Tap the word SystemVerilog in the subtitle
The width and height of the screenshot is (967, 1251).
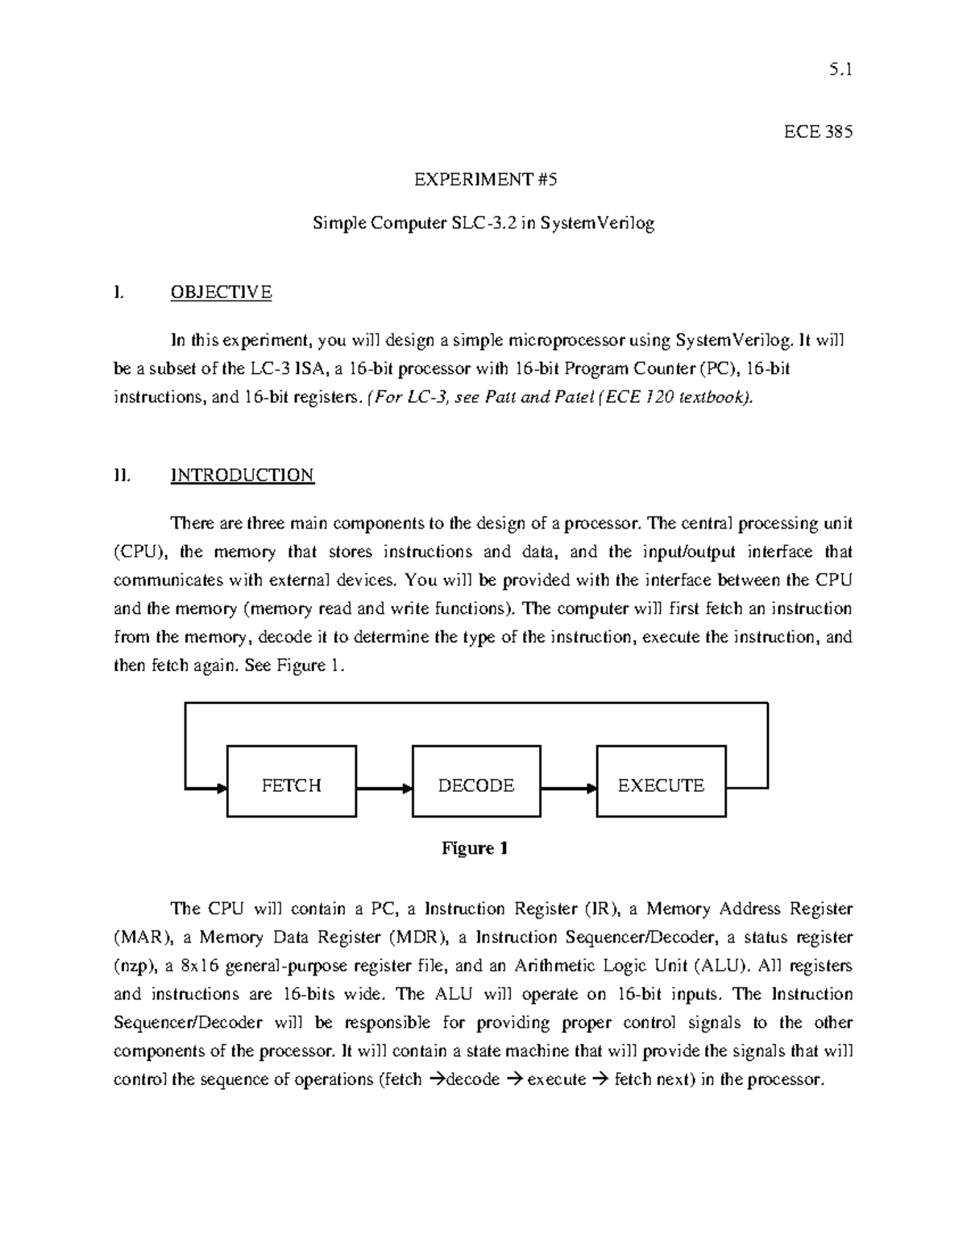tap(597, 223)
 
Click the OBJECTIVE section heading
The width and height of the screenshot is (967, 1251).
tap(221, 292)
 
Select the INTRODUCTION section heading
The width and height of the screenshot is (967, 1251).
tap(242, 474)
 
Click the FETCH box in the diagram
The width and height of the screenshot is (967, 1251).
tap(292, 785)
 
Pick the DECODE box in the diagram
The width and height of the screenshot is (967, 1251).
tap(476, 785)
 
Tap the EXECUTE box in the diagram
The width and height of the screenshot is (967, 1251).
tap(661, 785)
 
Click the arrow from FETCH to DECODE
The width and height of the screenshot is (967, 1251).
tap(384, 789)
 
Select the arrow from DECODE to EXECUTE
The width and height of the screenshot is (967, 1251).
tap(568, 789)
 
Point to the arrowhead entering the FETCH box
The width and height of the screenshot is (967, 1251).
tap(221, 789)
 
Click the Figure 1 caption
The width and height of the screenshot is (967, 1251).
tap(474, 848)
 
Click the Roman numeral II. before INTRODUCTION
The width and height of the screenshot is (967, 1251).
tap(122, 474)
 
